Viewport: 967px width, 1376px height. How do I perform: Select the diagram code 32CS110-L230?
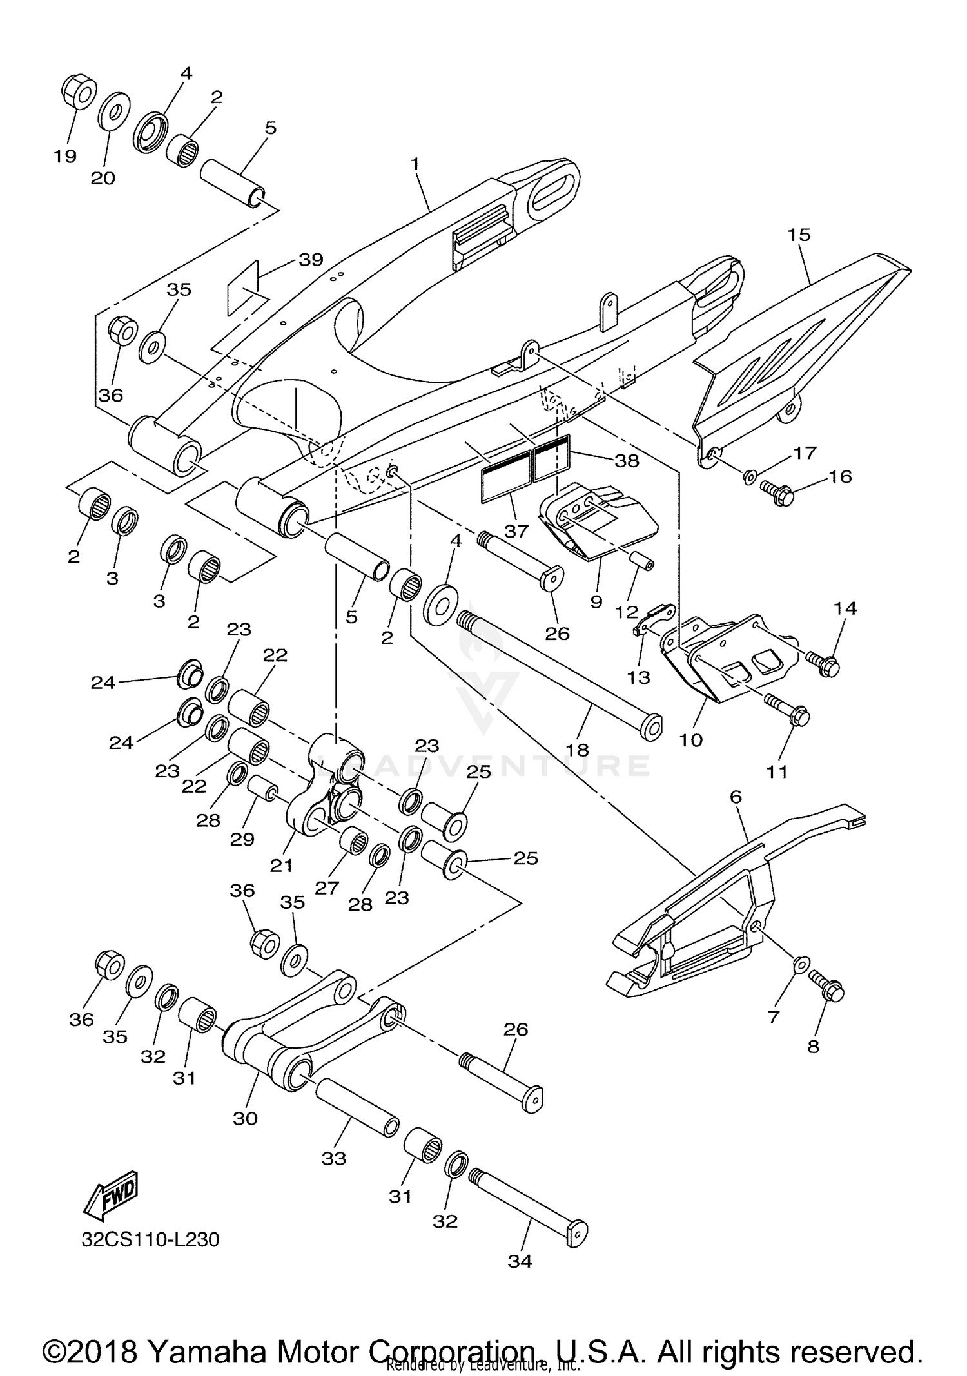[x=150, y=1239]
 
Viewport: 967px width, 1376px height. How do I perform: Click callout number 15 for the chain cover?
[x=799, y=235]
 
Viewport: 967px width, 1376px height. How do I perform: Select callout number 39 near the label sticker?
[x=311, y=260]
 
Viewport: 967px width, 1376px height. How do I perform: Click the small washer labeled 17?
[x=750, y=477]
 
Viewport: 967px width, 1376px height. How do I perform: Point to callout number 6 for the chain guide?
[x=736, y=797]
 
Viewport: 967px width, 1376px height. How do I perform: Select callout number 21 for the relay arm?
[x=281, y=866]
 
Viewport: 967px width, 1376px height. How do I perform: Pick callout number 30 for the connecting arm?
[x=245, y=1118]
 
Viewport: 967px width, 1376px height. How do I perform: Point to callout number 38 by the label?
[x=627, y=460]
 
